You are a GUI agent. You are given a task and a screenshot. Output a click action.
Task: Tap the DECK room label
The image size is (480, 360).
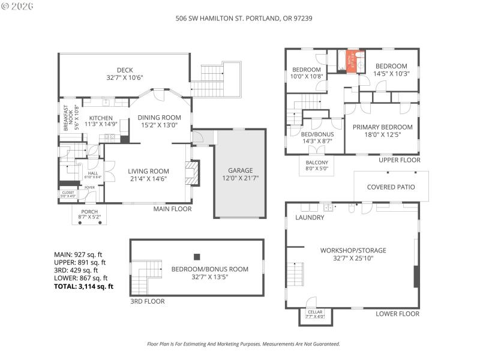pos(125,70)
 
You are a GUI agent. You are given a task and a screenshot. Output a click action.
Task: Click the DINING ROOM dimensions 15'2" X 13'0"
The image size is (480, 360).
pos(159,125)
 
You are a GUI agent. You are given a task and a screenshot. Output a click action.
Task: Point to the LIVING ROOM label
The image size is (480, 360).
pos(148,171)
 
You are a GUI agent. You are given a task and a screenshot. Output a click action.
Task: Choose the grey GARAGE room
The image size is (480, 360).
pos(240,174)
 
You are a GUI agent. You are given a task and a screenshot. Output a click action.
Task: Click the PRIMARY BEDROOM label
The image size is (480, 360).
pos(382,127)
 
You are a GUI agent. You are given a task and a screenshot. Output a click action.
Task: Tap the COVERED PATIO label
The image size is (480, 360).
pos(391,187)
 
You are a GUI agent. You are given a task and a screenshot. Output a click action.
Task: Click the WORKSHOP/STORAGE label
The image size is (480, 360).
pos(353,250)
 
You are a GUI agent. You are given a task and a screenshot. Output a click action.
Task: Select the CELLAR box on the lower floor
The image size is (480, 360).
pos(315,315)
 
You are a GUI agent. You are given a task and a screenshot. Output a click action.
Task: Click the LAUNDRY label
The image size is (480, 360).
pos(310,217)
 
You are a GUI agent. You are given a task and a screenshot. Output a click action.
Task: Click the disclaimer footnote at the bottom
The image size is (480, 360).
pos(244,344)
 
